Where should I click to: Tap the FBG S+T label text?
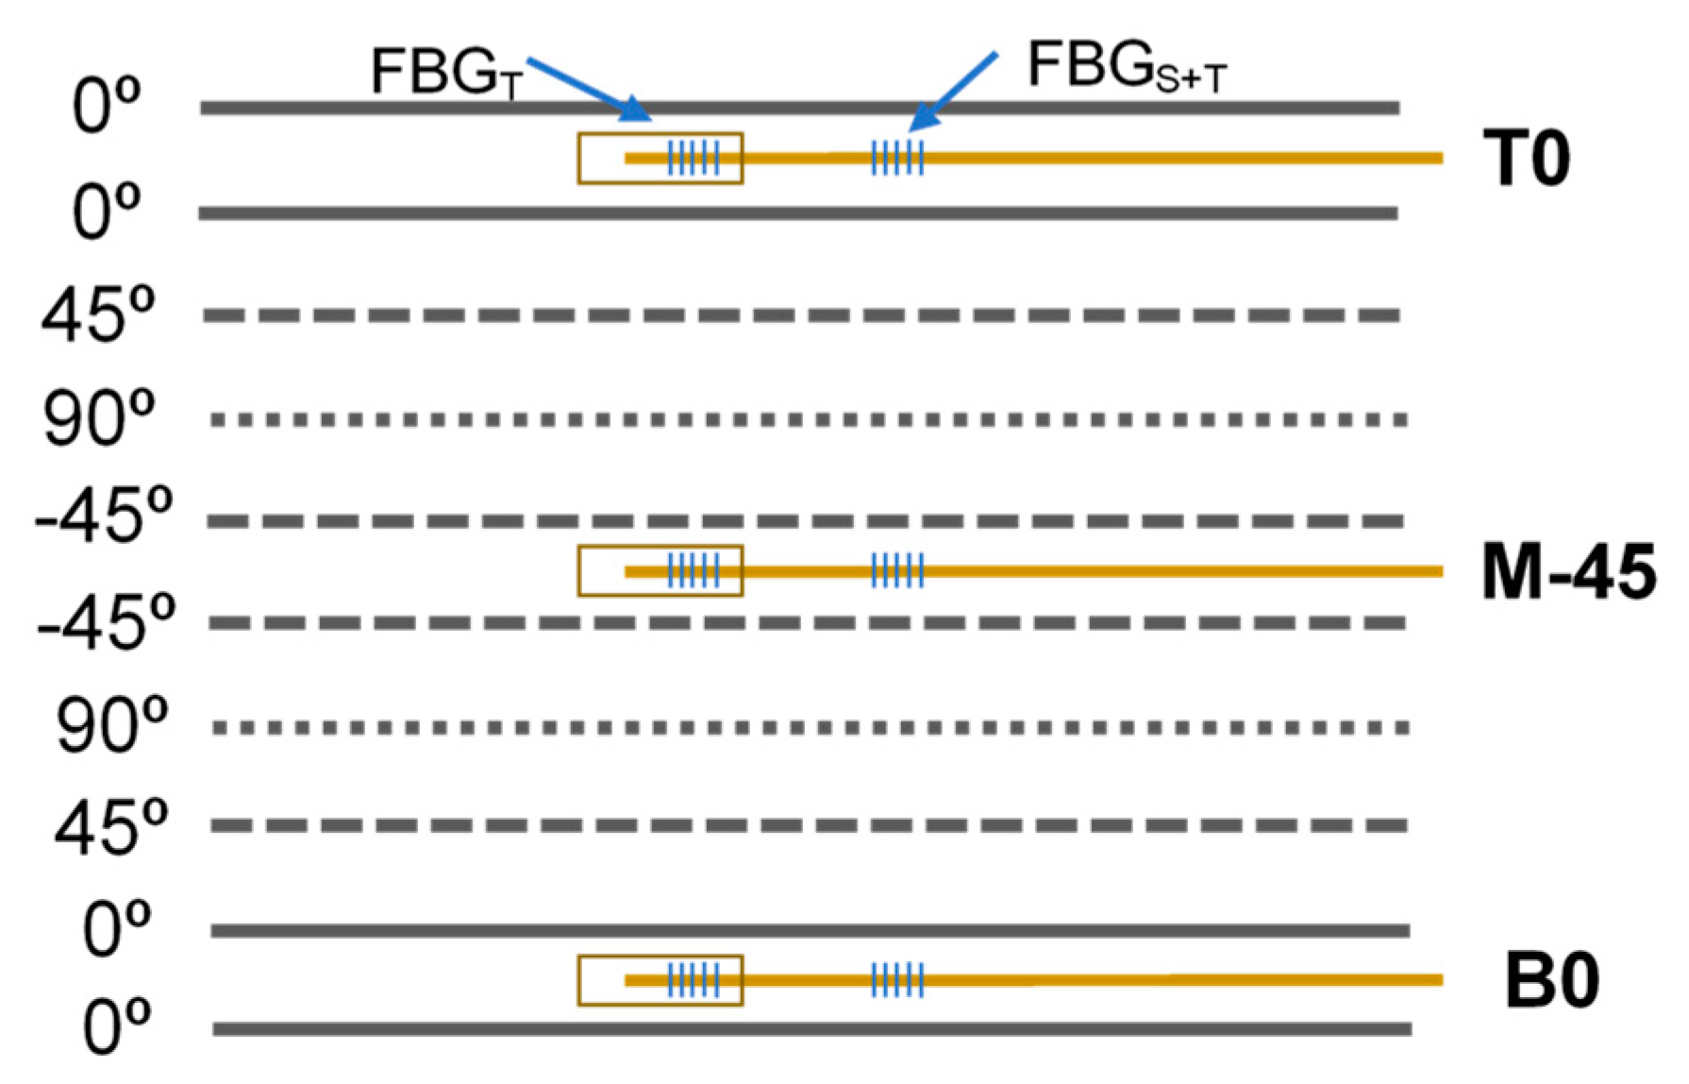(1127, 68)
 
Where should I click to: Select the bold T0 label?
(1526, 159)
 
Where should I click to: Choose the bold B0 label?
(1551, 982)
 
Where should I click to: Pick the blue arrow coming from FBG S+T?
(953, 91)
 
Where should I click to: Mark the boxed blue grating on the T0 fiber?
(694, 158)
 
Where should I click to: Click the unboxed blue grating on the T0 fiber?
(897, 158)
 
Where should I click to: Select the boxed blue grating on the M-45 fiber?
(694, 570)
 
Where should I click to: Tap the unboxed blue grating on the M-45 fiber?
(897, 570)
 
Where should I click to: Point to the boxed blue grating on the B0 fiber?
(694, 980)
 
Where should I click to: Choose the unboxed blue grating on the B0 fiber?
(897, 980)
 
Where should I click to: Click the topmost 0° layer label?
(107, 106)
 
